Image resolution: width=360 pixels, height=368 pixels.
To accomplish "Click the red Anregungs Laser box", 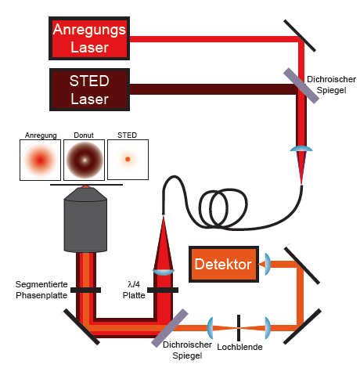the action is click(89, 38).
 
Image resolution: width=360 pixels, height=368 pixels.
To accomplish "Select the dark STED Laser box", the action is click(89, 89).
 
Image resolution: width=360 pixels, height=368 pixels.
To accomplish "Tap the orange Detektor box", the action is click(224, 264).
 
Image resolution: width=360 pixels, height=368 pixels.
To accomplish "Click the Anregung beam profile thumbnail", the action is click(40, 160).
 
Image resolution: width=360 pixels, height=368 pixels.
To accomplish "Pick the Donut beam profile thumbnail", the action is click(84, 160).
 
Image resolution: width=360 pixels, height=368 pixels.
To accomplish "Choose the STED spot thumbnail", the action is click(128, 160).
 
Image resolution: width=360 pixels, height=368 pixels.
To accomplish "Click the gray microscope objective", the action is click(85, 220).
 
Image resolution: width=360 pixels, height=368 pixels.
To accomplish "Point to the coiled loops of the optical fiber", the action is click(223, 208).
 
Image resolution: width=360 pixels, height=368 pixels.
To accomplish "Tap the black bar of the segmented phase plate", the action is click(85, 290).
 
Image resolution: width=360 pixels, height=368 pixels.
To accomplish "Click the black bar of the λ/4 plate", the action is click(163, 290).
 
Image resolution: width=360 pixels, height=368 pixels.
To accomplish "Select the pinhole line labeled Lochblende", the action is click(239, 328).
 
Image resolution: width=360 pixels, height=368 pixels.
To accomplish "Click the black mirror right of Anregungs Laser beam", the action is click(300, 35).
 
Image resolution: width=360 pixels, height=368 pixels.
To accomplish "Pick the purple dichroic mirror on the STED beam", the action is click(301, 86).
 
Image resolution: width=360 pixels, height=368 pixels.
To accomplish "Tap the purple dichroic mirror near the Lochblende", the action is click(170, 328).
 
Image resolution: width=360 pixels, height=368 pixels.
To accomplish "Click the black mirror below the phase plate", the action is click(81, 327).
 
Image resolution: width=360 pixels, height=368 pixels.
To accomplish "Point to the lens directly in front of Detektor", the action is click(268, 264).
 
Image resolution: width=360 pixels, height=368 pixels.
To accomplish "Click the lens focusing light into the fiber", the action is click(301, 149).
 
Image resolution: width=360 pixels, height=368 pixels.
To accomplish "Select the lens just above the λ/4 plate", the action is click(164, 272).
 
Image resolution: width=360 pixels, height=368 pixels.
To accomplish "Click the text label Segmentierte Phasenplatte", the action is click(41, 290).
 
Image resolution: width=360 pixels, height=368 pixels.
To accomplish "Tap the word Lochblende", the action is click(239, 347).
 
